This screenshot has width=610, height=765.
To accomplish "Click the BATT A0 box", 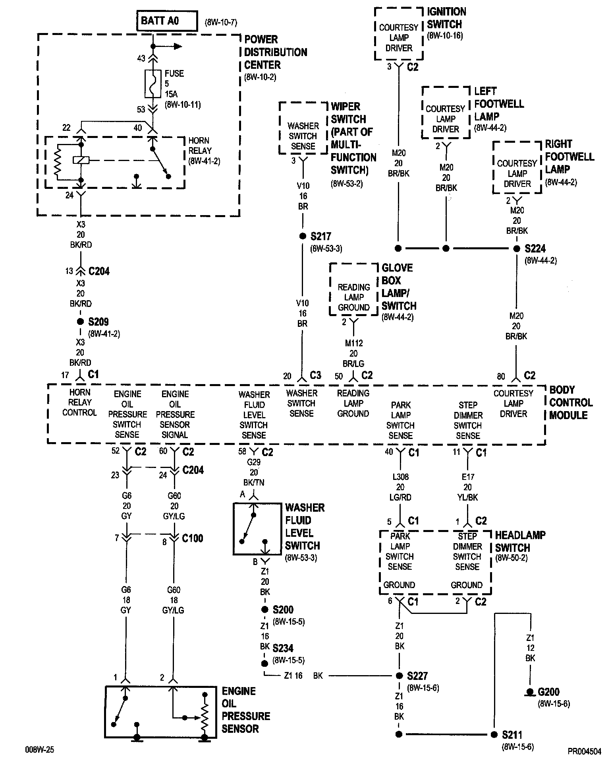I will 167,21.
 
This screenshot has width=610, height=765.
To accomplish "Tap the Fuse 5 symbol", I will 152,84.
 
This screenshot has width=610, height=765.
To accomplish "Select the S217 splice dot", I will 302,237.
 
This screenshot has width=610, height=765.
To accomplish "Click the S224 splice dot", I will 516,249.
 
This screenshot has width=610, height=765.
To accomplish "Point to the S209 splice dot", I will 80,322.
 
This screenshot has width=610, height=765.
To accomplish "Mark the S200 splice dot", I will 264,610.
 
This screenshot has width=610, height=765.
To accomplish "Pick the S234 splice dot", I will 264,664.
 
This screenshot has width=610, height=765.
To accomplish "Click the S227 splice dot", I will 399,676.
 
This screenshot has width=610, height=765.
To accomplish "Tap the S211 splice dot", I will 494,734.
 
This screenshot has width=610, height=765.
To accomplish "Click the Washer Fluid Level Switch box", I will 257,528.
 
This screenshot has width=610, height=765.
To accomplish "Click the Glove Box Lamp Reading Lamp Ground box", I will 353,289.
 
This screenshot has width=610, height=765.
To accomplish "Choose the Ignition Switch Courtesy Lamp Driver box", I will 398,34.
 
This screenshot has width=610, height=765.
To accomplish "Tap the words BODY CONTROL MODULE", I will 571,402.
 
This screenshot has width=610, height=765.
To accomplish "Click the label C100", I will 192,538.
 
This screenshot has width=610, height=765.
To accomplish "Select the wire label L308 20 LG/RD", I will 400,487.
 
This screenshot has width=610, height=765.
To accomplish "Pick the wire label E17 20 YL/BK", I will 467,487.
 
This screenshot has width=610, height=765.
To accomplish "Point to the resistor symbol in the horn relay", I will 58,161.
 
